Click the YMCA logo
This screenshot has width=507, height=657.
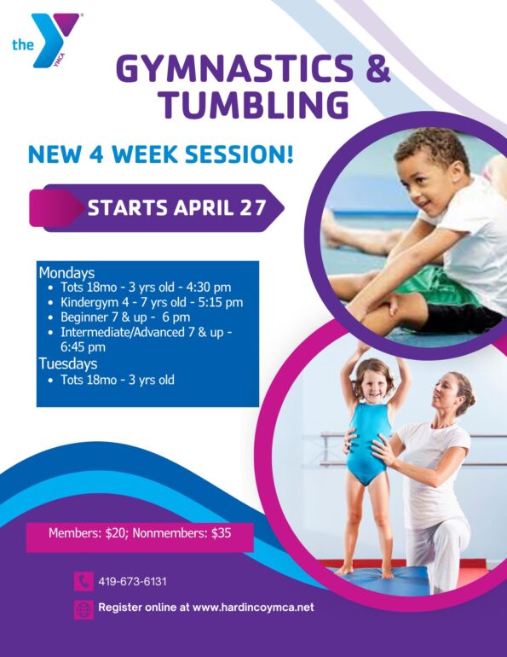tap(46, 40)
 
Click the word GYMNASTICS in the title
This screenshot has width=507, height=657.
tap(235, 69)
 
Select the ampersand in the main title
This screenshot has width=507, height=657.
tap(378, 69)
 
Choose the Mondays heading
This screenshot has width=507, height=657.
tap(67, 273)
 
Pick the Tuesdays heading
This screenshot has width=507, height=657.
tap(68, 363)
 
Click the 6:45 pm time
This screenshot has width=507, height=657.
tap(83, 347)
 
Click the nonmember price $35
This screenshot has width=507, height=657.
tap(222, 533)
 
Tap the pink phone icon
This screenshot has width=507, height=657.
tap(84, 581)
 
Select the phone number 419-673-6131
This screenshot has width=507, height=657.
tap(132, 582)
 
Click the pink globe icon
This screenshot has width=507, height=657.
tap(84, 610)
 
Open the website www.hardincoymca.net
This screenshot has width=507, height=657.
tap(253, 608)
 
